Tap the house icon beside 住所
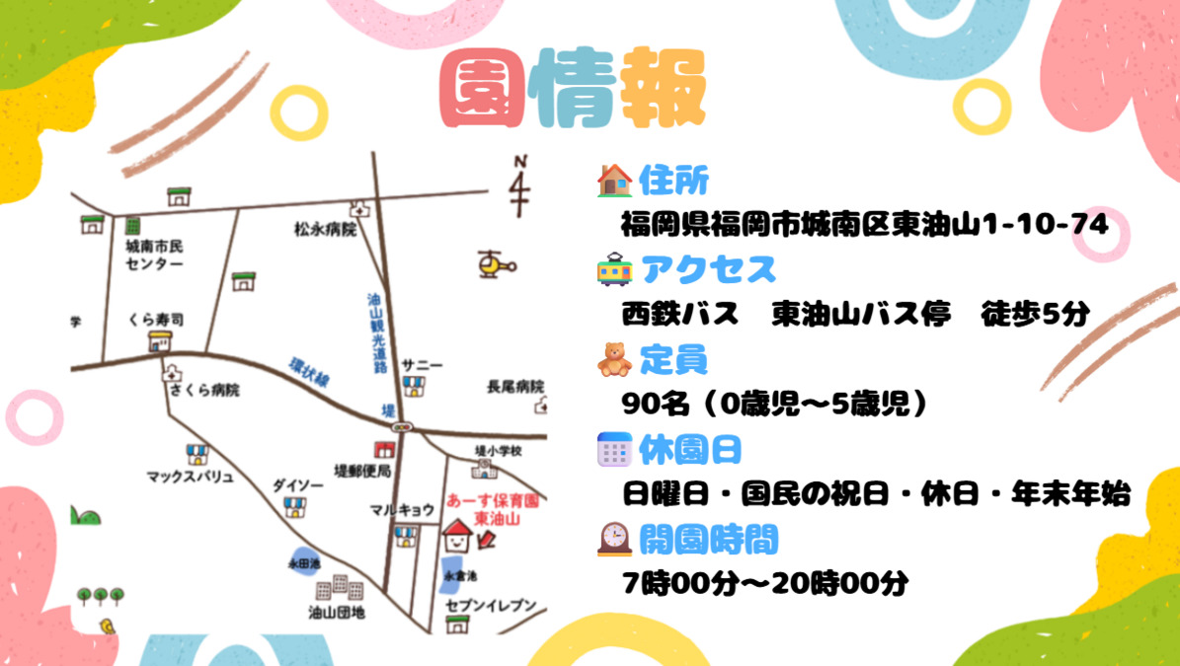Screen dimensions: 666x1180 click(614, 180)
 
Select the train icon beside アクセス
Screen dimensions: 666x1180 click(614, 269)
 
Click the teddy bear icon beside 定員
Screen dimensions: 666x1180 click(614, 360)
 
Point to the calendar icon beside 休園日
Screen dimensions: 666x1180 click(614, 450)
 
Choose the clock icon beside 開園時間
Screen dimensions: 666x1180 click(614, 539)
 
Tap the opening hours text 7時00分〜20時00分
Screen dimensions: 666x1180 click(765, 583)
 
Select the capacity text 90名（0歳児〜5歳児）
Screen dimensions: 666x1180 click(776, 404)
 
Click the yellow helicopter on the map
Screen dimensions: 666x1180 click(494, 264)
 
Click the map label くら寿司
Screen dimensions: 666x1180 click(155, 321)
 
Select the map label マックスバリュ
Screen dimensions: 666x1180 click(190, 478)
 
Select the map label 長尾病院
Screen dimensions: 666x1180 click(515, 386)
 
